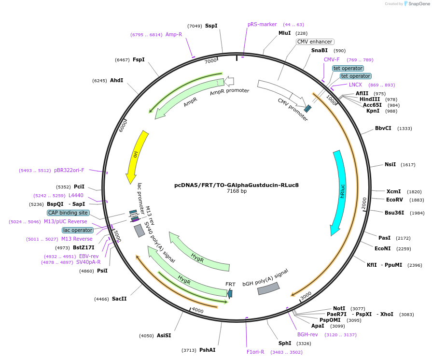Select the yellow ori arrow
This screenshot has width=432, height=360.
(x=137, y=156)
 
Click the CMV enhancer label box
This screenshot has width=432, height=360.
(x=315, y=42)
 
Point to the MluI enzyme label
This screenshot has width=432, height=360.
(x=285, y=33)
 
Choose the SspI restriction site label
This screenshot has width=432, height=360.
(x=211, y=26)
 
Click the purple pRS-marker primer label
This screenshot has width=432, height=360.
(x=262, y=24)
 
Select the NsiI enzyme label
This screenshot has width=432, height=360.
(x=390, y=164)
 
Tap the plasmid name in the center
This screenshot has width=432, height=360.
(x=237, y=185)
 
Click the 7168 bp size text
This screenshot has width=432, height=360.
(x=237, y=191)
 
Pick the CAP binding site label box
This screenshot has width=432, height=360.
(x=68, y=213)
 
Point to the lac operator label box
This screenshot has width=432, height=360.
(x=77, y=230)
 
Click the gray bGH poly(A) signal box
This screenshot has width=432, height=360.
(x=268, y=288)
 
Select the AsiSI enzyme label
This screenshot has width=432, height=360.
(x=164, y=335)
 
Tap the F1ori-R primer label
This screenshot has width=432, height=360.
(x=255, y=352)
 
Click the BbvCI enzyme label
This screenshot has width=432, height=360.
(x=383, y=129)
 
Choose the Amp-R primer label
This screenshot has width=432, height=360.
(x=174, y=35)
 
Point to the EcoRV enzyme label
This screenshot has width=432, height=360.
(x=394, y=200)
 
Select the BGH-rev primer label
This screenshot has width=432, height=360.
(x=307, y=334)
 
